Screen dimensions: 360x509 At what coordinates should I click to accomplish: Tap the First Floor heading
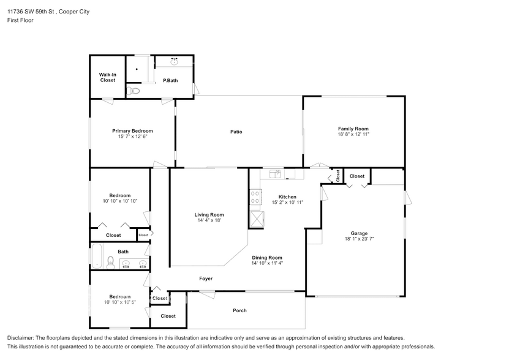click(x=20, y=20)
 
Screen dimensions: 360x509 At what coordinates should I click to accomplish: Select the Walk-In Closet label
click(x=108, y=77)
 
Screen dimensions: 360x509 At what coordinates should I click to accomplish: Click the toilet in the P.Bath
click(x=134, y=91)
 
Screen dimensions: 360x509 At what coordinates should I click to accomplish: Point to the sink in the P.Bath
click(x=175, y=61)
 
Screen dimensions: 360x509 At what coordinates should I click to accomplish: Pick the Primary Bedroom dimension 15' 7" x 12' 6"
click(x=132, y=137)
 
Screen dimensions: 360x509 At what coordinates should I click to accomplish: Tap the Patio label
click(x=236, y=132)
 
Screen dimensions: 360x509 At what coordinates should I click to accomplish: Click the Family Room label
click(x=353, y=129)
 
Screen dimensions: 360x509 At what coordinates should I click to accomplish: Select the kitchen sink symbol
click(x=276, y=174)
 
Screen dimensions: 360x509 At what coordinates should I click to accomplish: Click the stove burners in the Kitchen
click(x=254, y=197)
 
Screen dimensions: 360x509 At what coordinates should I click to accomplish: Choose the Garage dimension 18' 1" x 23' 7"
click(x=359, y=238)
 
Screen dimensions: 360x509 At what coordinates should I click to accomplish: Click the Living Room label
click(x=209, y=215)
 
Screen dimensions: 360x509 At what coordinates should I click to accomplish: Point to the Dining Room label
click(x=267, y=258)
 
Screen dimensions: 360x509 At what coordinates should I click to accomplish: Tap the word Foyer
click(x=206, y=279)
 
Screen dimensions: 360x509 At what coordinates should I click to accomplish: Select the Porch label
click(x=239, y=310)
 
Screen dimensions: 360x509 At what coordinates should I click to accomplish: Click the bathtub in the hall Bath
click(x=97, y=257)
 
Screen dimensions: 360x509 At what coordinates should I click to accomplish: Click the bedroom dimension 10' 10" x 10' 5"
click(x=119, y=302)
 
